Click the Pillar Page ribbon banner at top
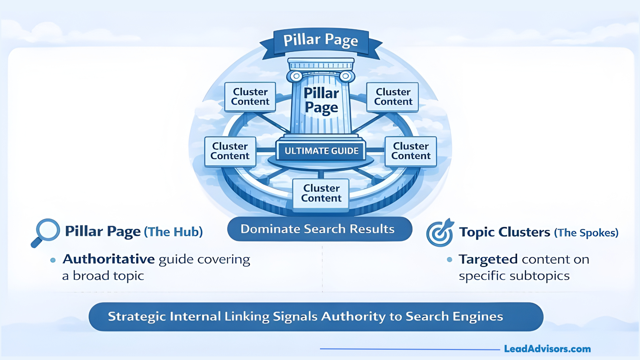(x=321, y=40)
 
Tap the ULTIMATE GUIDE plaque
(x=321, y=151)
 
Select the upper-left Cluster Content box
(x=250, y=97)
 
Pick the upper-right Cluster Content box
(x=393, y=97)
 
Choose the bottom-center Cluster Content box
(x=321, y=193)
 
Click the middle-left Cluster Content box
(x=230, y=151)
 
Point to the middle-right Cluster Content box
(x=411, y=151)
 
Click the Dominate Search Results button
(x=319, y=229)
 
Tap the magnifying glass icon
(x=46, y=232)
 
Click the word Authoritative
(x=109, y=259)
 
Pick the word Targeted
(x=488, y=259)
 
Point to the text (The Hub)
(x=173, y=232)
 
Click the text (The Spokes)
(x=586, y=233)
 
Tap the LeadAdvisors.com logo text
(x=547, y=349)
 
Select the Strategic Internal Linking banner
(x=315, y=317)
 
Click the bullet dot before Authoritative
(x=53, y=260)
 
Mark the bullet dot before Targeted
(x=449, y=259)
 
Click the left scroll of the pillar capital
(x=296, y=76)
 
